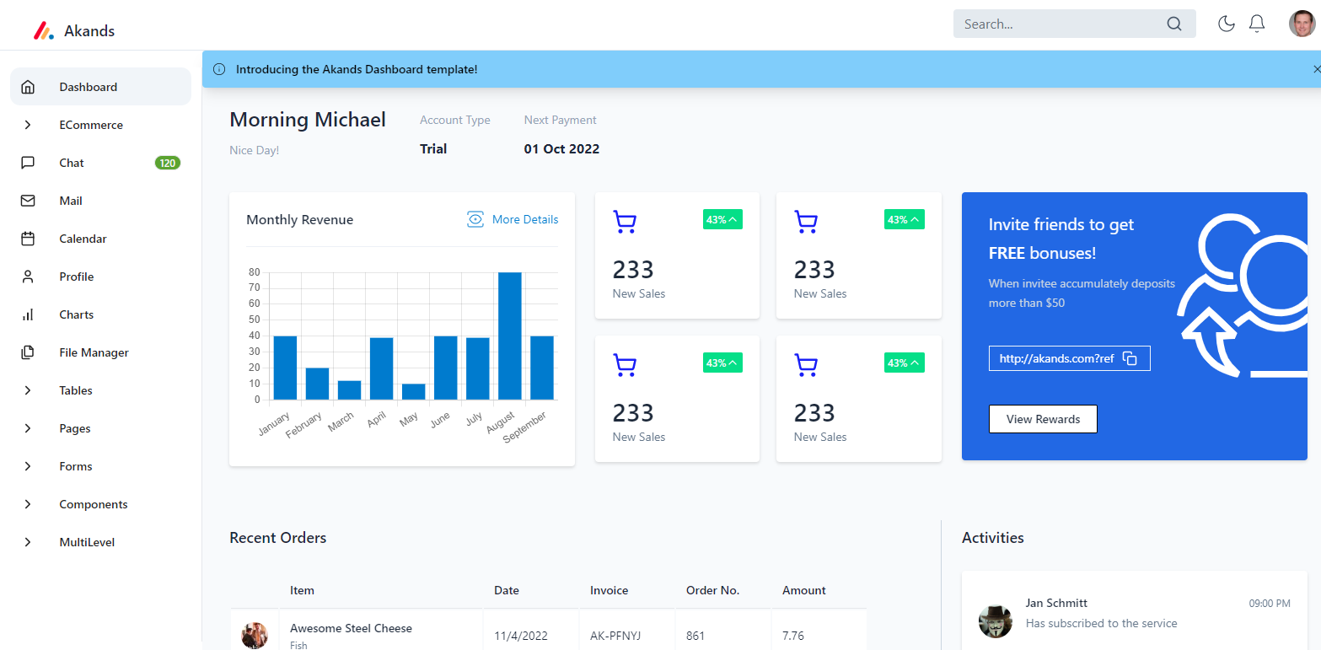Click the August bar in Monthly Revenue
pyautogui.click(x=509, y=336)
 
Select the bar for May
pyautogui.click(x=413, y=391)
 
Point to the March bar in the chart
pyautogui.click(x=349, y=389)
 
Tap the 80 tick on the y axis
pyautogui.click(x=254, y=272)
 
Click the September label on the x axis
pyautogui.click(x=525, y=427)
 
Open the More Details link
pyautogui.click(x=513, y=219)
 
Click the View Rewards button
pyautogui.click(x=1043, y=419)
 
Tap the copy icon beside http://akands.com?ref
pyautogui.click(x=1130, y=358)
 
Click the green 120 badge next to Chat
pyautogui.click(x=168, y=163)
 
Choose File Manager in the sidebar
pyautogui.click(x=94, y=352)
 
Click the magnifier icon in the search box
pyautogui.click(x=1174, y=24)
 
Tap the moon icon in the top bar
pyautogui.click(x=1227, y=24)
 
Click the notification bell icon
pyautogui.click(x=1257, y=24)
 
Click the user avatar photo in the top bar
pyautogui.click(x=1302, y=24)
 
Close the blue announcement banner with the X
pyautogui.click(x=1316, y=69)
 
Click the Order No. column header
pyautogui.click(x=712, y=590)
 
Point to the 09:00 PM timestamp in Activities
pyautogui.click(x=1270, y=604)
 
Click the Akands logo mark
pyautogui.click(x=43, y=31)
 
